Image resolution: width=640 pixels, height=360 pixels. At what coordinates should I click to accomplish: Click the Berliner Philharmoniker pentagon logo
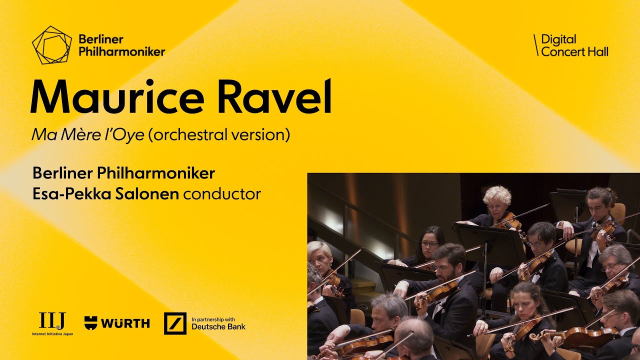tap(51, 45)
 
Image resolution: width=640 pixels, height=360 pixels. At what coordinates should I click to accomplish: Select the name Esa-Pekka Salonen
tap(105, 193)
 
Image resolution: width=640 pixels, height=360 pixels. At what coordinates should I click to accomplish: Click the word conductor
tap(222, 193)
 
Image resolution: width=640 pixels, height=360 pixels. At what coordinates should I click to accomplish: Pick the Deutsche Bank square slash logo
tap(175, 323)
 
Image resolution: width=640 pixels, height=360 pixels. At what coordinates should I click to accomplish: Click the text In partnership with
tap(212, 319)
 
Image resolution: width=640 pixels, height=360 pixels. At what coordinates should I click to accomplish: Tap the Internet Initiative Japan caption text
tap(52, 333)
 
